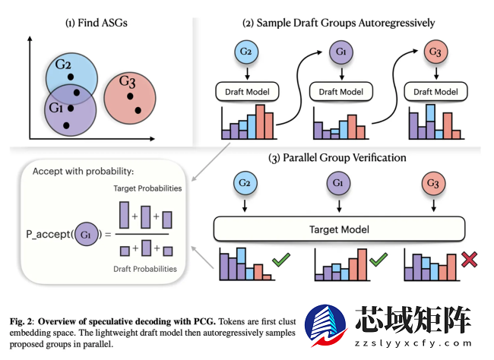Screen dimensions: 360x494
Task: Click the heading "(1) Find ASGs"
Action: tap(96, 23)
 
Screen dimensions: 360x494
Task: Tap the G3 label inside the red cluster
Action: tap(128, 81)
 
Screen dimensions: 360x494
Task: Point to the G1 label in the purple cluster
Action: tap(55, 108)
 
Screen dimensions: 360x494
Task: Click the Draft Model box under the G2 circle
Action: tap(247, 92)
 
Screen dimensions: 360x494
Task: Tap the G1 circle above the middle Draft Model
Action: tap(341, 53)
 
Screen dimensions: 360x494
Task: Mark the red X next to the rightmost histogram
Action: tap(469, 261)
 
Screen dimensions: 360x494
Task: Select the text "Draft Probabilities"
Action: tap(145, 269)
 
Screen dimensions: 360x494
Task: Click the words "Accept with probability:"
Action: tap(83, 171)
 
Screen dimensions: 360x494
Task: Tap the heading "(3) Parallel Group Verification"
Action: tap(337, 158)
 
